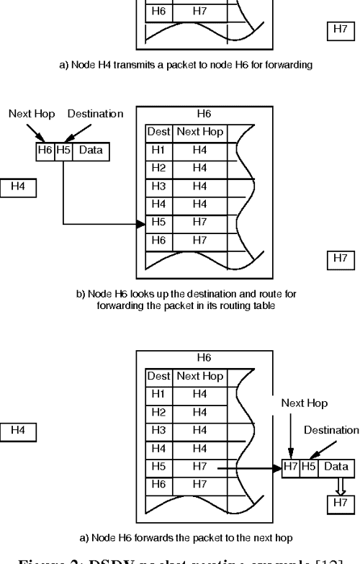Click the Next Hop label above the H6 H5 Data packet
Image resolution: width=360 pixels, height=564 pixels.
[x=28, y=114]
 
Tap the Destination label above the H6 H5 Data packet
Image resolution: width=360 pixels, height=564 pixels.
[x=95, y=114]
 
